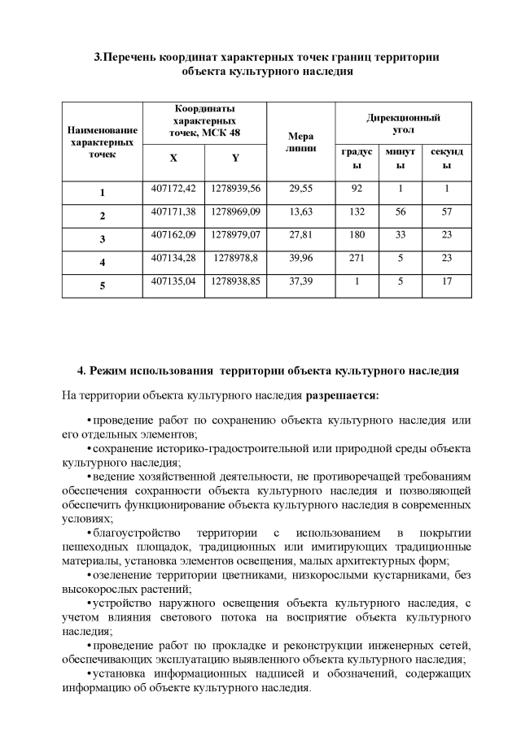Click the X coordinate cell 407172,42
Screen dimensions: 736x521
[x=173, y=189]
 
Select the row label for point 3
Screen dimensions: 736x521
[x=103, y=239]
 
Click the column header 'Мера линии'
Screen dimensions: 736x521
[x=301, y=143]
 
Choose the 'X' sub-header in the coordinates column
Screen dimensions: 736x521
[x=173, y=159]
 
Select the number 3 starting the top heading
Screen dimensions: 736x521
[x=98, y=57]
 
